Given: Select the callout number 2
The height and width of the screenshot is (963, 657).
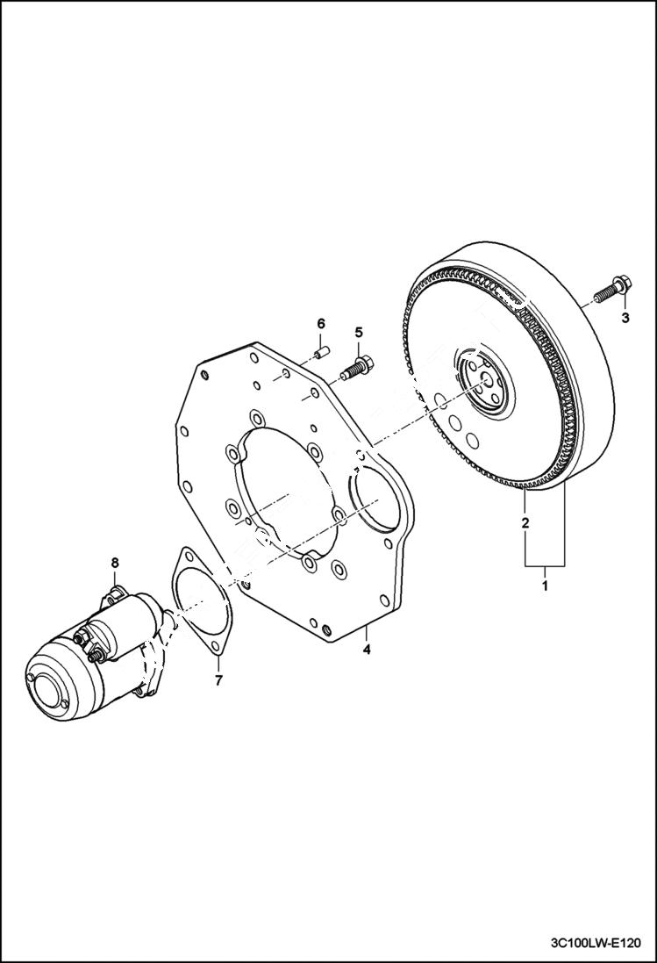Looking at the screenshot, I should click(525, 524).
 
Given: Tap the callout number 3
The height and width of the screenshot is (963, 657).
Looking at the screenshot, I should click(625, 319).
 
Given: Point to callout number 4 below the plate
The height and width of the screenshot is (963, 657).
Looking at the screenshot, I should click(368, 650).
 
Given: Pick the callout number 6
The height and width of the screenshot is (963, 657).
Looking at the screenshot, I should click(320, 324).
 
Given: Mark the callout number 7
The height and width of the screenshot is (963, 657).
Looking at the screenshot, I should click(218, 679).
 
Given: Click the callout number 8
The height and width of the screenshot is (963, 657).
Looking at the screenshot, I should click(113, 562).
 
